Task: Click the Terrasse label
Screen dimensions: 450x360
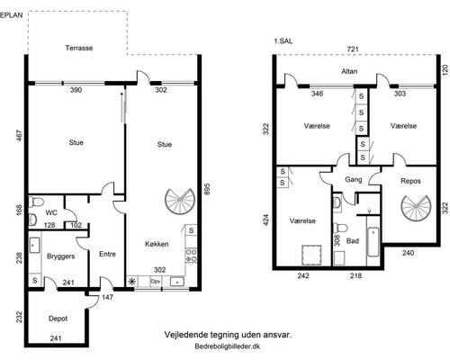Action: tap(79, 48)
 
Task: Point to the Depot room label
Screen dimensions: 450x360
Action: tap(58, 319)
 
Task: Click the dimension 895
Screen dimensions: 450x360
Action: tap(207, 190)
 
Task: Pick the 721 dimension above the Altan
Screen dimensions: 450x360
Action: tap(353, 49)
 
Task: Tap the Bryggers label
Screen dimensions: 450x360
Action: tap(60, 256)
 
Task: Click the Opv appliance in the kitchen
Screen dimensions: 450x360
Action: tap(156, 282)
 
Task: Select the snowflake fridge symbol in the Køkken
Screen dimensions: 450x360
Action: tap(131, 282)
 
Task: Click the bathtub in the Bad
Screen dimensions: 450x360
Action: tap(373, 242)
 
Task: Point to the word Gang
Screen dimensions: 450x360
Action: tap(354, 180)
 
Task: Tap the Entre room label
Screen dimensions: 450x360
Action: tap(107, 254)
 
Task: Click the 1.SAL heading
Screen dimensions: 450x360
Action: tap(283, 41)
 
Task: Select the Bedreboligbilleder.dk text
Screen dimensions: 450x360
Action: tap(228, 346)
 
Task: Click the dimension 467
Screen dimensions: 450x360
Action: tap(20, 136)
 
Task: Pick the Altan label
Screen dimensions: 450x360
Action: tap(349, 71)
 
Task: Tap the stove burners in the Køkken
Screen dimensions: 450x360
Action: tap(192, 256)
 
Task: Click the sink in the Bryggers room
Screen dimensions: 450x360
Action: tap(34, 245)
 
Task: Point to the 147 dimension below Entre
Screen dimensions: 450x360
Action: tap(107, 297)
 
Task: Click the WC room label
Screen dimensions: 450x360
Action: tap(51, 213)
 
